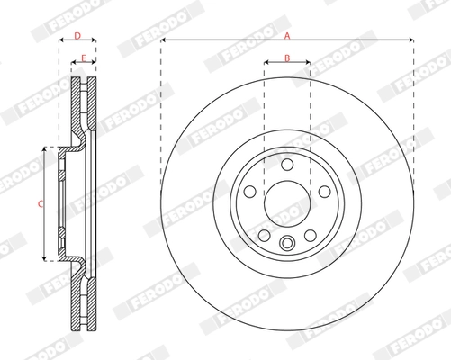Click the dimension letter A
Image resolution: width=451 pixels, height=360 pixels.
click(x=287, y=35)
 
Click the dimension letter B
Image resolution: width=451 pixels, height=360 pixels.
click(x=287, y=58)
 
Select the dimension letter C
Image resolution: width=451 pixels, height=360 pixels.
click(x=40, y=204)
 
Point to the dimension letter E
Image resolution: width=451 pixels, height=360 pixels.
click(x=84, y=58)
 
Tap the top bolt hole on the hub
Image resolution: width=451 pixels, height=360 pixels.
click(x=287, y=166)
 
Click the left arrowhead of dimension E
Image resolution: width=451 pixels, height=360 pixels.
click(x=73, y=64)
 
